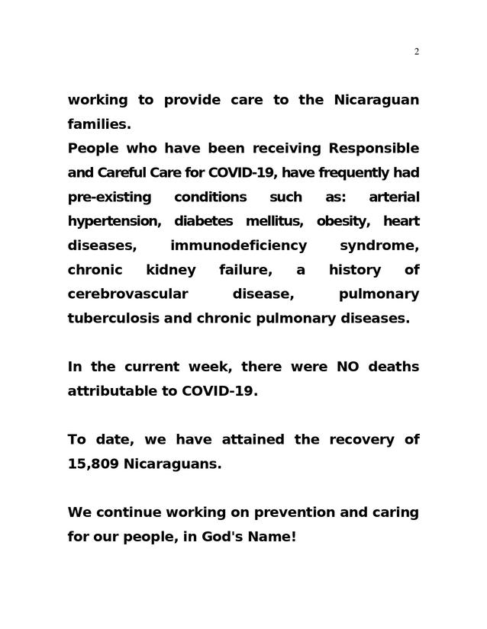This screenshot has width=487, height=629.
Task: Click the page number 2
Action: pos(416,52)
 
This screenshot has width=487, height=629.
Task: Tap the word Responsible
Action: pos(373,148)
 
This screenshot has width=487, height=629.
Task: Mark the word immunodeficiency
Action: pos(239,246)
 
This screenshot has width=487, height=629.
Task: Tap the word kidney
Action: pos(170,270)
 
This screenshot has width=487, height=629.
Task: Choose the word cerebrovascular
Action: pos(128,294)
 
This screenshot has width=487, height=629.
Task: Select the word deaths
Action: pos(393,367)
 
